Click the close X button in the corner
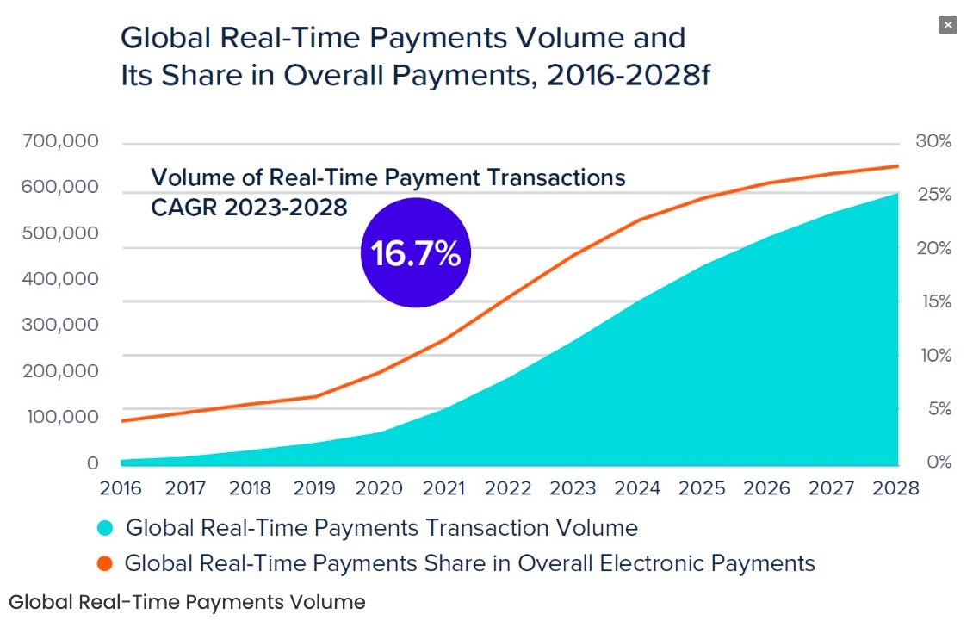(948, 25)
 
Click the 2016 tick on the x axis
(121, 488)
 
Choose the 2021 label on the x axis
(444, 488)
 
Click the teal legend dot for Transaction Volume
(105, 528)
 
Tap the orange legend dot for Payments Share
(105, 564)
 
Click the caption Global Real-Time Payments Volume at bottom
(187, 602)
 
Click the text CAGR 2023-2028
(249, 208)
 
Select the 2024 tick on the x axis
(638, 488)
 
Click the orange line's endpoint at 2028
(897, 166)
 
